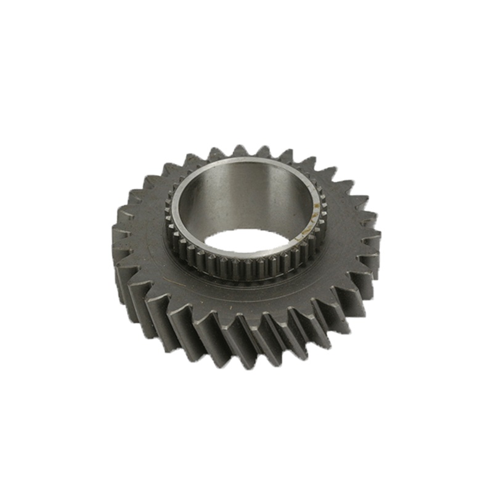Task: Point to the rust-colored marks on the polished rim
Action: point(318,203)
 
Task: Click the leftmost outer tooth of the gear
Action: point(119,237)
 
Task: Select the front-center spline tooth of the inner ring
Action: point(246,271)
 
